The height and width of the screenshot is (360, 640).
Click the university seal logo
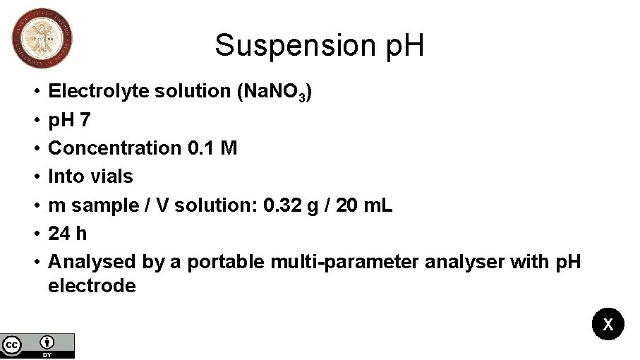click(x=42, y=39)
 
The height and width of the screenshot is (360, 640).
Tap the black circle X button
click(x=608, y=325)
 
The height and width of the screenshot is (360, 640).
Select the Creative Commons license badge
click(x=37, y=345)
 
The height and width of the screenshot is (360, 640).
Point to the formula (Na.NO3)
click(x=275, y=92)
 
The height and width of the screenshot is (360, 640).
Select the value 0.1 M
click(x=212, y=148)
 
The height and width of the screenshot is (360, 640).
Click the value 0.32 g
click(x=297, y=205)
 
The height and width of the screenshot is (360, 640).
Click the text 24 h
click(x=68, y=234)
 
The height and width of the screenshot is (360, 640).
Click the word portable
click(x=226, y=263)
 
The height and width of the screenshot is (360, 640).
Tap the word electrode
click(x=92, y=286)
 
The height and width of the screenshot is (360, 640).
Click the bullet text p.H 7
click(x=69, y=120)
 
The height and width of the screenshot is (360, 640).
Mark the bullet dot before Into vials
click(x=35, y=176)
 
